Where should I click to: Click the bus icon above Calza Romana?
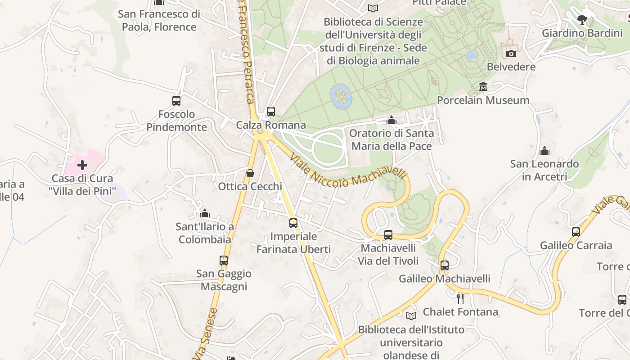271,111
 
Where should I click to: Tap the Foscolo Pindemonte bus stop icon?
176,100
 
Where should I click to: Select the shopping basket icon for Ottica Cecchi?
250,173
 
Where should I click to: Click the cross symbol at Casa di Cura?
82,165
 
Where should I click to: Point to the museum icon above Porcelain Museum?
483,86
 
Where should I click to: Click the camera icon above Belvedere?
511,54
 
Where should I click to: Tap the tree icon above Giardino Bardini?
582,19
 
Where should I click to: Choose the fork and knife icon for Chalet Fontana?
460,298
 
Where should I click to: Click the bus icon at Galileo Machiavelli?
445,265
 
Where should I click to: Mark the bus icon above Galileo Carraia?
576,232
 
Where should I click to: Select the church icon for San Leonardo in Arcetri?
544,150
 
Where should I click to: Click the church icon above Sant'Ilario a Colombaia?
205,213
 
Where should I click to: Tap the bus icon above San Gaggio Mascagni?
224,260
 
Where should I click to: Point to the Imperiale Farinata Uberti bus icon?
293,223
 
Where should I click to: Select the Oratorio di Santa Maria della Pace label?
391,139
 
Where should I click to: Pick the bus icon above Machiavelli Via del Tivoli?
388,234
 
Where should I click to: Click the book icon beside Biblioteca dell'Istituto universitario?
411,316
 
